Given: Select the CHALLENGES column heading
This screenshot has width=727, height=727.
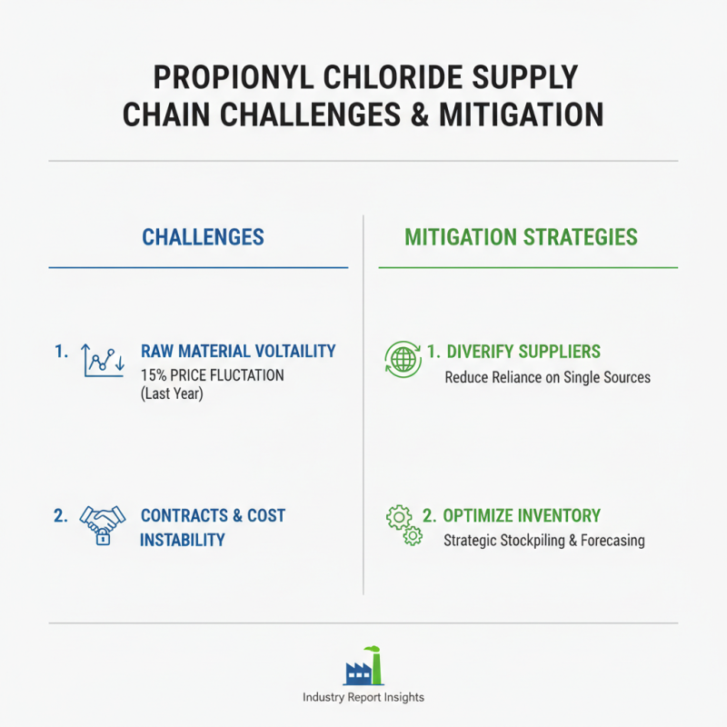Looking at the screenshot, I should (x=203, y=238).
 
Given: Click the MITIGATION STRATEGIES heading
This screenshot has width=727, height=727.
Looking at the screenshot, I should (x=521, y=238).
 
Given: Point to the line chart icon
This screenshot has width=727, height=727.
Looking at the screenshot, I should (x=102, y=360).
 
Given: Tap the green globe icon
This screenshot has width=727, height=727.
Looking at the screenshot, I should (x=403, y=360).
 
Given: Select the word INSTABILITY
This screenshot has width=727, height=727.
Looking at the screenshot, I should (x=182, y=540).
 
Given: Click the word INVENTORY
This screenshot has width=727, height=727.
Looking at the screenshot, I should (x=556, y=515).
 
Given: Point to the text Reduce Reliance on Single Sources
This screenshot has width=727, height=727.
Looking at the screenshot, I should (x=547, y=377).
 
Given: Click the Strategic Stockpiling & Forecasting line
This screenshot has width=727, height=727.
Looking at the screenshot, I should (x=543, y=541).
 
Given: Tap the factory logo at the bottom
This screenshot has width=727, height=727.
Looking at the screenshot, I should (x=363, y=667).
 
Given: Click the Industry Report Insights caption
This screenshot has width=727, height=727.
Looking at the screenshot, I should (x=363, y=698).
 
